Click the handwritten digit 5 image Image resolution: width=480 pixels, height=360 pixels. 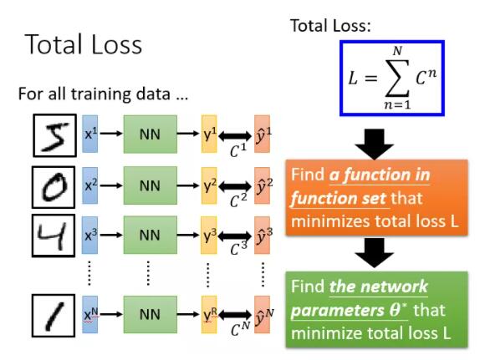[55, 135]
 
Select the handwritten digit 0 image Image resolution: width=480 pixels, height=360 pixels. [54, 187]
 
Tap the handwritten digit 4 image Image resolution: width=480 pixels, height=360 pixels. [54, 236]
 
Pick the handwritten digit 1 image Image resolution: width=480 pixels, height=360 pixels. [54, 316]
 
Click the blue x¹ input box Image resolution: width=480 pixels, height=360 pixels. [90, 134]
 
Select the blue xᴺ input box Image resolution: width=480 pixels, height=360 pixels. [90, 314]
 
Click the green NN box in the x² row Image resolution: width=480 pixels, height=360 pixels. [151, 185]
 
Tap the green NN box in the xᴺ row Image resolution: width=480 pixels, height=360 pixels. [151, 314]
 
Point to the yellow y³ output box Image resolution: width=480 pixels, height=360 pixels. [209, 236]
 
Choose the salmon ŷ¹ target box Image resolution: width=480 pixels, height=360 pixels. [262, 134]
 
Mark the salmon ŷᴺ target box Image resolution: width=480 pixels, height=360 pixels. [262, 314]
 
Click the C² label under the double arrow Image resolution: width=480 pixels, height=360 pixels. [238, 200]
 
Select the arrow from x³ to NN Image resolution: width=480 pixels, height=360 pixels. [111, 236]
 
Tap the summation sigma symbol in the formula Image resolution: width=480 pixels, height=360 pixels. [397, 78]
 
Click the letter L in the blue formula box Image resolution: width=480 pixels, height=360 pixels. [353, 78]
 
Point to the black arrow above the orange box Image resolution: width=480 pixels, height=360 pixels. [375, 144]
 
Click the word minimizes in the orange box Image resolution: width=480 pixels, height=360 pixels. [330, 221]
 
